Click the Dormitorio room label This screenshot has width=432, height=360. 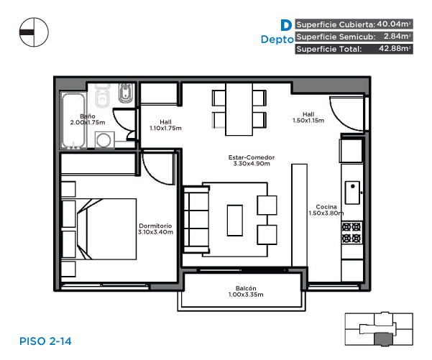coord(155,226)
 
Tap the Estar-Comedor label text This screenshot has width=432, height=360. coord(252,157)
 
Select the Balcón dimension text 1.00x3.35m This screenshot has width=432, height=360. coord(246,295)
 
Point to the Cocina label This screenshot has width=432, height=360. coord(326,207)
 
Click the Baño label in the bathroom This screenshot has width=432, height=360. coord(88,116)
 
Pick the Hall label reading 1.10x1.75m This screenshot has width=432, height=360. coord(165,125)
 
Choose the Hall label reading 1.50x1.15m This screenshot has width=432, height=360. coord(308,117)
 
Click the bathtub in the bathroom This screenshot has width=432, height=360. coord(73,121)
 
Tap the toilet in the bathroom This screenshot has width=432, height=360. coord(103,95)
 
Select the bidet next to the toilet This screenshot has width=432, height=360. coord(126,93)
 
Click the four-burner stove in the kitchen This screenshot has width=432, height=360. coord(351,233)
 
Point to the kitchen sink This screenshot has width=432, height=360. coord(353,193)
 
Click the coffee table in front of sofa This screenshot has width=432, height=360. coord(235,221)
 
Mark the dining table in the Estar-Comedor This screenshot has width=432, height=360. coord(239,109)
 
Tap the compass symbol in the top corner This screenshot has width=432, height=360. coord(34,32)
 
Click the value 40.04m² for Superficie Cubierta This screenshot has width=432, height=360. coord(394,24)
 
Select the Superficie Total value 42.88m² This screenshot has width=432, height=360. coord(395,48)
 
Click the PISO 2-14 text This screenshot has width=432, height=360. coord(45,341)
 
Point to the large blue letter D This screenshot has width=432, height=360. coord(286,25)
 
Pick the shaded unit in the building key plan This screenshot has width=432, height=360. coord(383,338)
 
